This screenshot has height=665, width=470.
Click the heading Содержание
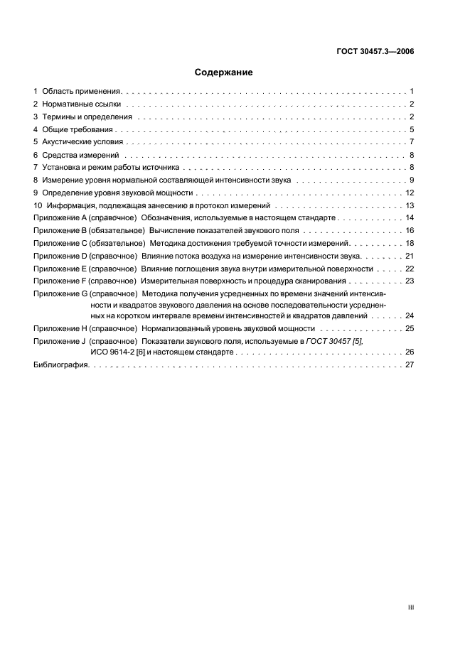[x=223, y=72]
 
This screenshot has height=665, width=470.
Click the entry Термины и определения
[x=87, y=117]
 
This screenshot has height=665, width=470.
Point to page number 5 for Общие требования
[x=412, y=130]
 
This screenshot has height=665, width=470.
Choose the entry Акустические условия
[x=82, y=142]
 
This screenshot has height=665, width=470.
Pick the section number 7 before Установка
[x=36, y=168]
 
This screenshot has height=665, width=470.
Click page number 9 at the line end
[x=412, y=180]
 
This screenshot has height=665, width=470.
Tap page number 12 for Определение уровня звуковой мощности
[x=410, y=193]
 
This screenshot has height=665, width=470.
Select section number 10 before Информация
[x=38, y=206]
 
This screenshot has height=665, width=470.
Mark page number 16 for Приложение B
[x=410, y=231]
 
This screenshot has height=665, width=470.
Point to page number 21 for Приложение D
[x=410, y=256]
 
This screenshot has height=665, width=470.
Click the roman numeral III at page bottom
[x=410, y=608]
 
